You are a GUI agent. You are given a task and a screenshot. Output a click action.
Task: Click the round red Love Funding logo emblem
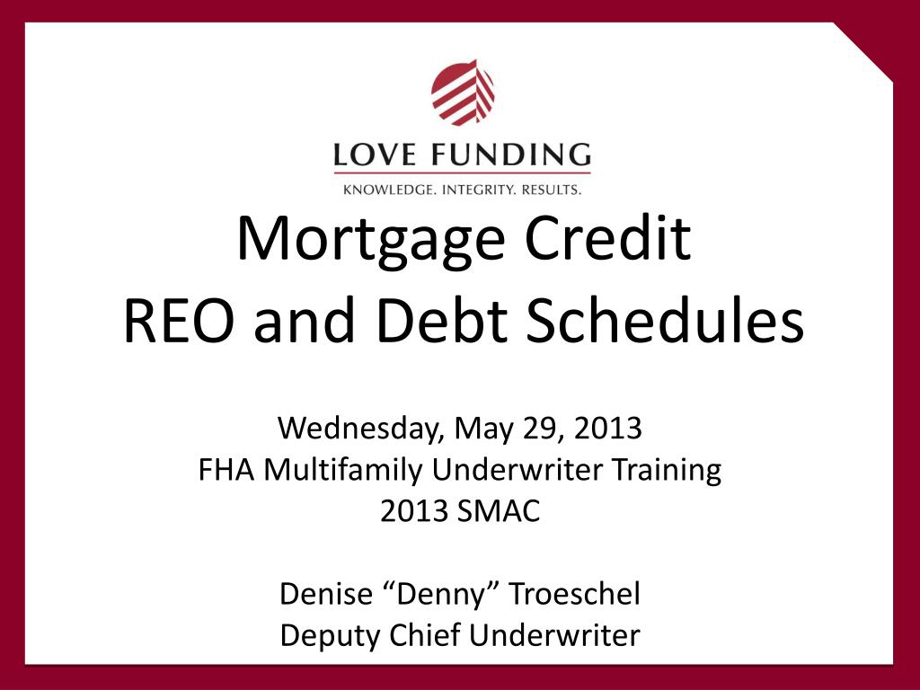coord(463,93)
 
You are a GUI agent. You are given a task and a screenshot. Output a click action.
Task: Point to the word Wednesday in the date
coord(358,429)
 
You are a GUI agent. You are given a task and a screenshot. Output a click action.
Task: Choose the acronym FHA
coord(227,470)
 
